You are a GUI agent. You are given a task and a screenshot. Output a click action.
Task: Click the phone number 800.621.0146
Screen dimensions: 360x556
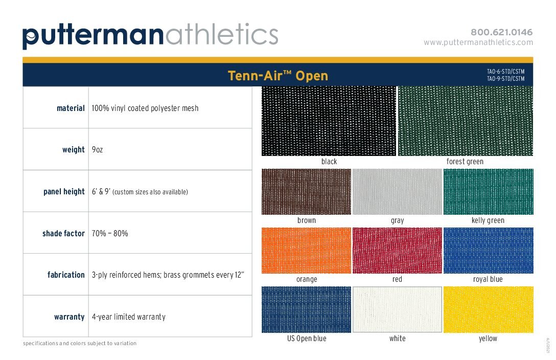(x=501, y=32)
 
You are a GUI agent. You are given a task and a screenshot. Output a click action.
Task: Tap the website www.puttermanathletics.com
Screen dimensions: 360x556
(x=478, y=42)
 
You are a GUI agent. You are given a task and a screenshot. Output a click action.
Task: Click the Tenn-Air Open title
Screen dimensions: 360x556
(x=277, y=76)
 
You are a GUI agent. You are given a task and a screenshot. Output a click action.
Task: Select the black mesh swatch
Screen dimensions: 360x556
(x=329, y=121)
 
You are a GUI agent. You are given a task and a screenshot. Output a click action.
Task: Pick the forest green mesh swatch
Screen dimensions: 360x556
(x=465, y=121)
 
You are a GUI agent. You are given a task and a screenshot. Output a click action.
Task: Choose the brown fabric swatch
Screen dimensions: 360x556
(x=306, y=192)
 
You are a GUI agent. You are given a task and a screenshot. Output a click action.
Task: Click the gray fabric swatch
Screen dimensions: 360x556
(x=397, y=192)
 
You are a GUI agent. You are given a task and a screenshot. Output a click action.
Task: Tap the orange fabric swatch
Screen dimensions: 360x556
(x=306, y=251)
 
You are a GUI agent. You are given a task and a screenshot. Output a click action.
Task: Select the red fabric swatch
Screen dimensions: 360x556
(x=397, y=251)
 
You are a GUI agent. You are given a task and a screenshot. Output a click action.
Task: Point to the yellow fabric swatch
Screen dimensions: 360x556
(x=488, y=309)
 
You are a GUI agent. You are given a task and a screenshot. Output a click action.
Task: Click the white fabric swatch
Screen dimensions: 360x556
(x=397, y=309)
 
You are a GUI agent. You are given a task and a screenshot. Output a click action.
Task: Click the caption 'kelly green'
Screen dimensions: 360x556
(x=488, y=220)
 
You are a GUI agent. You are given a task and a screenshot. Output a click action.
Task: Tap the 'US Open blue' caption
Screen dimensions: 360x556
(x=307, y=339)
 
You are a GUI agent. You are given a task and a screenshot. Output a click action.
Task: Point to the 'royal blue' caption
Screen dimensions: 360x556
(x=488, y=279)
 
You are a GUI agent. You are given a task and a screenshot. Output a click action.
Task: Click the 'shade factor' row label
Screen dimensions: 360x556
(x=63, y=233)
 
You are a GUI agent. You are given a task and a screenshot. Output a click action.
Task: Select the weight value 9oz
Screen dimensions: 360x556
(x=97, y=150)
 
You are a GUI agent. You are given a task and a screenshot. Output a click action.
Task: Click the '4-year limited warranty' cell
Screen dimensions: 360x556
(x=129, y=317)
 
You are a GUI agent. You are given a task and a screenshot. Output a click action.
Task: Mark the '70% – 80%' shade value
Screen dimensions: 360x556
(x=110, y=233)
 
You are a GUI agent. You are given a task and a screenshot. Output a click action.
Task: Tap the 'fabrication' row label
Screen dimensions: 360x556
(x=66, y=275)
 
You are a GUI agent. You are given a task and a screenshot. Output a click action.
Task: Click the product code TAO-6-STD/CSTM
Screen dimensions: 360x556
(x=505, y=72)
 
